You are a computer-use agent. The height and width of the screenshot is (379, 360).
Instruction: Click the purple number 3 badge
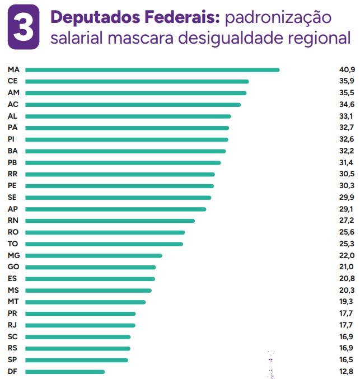[23, 26]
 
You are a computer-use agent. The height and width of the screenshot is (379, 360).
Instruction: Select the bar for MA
[152, 70]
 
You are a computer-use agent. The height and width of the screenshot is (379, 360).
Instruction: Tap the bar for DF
[65, 372]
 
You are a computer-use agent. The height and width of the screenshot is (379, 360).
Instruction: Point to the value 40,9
[347, 70]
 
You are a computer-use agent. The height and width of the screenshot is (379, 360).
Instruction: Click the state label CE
[13, 81]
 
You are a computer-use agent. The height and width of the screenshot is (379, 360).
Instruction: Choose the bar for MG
[93, 255]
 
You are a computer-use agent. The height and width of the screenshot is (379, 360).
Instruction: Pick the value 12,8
[347, 372]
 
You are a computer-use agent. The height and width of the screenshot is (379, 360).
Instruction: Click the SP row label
[13, 360]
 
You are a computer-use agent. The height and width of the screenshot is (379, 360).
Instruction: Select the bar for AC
[133, 105]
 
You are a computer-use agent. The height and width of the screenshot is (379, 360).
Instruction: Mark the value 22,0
[347, 255]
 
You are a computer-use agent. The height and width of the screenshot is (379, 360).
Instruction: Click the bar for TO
[104, 244]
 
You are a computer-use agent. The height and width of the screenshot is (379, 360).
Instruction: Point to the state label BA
[13, 151]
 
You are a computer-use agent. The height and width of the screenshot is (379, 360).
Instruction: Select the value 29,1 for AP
[347, 209]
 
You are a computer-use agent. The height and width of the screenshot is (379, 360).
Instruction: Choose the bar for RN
[110, 221]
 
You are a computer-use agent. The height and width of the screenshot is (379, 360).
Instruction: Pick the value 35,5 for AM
[347, 93]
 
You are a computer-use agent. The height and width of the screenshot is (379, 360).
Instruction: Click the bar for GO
[91, 267]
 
